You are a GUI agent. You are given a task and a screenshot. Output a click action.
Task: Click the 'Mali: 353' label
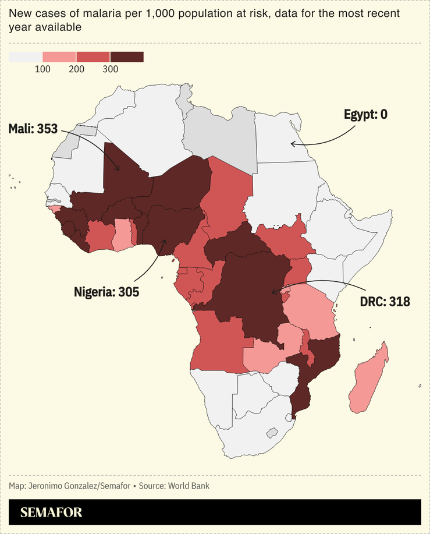point(33,129)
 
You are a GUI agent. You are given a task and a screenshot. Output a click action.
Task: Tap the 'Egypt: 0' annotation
point(365,114)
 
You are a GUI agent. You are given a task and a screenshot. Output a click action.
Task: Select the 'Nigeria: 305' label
point(106,292)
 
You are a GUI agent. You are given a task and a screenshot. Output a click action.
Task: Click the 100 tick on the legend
point(42,69)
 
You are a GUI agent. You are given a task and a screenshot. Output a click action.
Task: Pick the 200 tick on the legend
point(76,69)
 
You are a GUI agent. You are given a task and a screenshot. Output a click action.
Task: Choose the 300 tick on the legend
point(110,69)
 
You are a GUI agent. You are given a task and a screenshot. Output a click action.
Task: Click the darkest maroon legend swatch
point(127,57)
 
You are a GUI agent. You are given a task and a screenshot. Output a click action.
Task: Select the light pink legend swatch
point(59,57)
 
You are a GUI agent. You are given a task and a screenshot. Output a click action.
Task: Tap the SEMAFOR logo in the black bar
point(51,512)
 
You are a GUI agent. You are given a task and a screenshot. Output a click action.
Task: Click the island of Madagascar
point(368,379)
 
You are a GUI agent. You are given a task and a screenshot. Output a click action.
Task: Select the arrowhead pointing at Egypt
point(293,143)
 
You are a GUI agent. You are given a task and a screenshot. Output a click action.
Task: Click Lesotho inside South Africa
point(271,433)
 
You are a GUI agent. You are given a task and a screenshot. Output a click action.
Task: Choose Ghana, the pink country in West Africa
point(122,234)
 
